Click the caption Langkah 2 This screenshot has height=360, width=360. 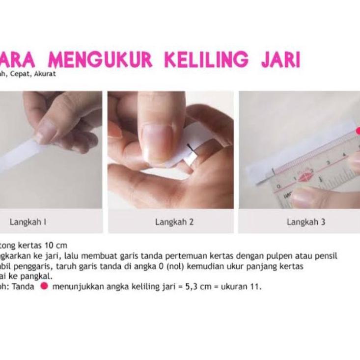click(174, 222)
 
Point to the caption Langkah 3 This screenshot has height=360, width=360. click(306, 222)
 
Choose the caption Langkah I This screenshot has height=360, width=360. click(28, 222)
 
